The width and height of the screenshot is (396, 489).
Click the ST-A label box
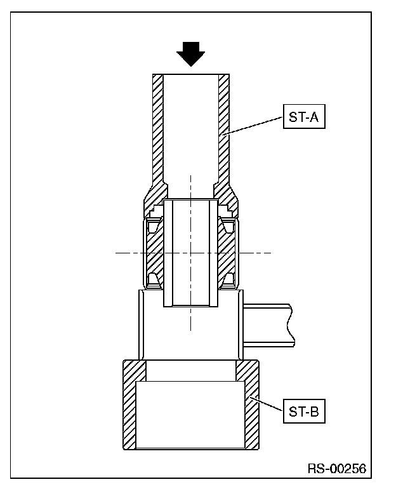(x=304, y=117)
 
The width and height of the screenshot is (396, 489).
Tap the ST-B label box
(x=304, y=411)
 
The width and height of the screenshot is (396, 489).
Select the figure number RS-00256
(x=337, y=469)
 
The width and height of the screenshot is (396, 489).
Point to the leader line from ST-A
(x=254, y=126)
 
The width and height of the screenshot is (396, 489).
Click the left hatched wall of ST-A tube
(x=157, y=131)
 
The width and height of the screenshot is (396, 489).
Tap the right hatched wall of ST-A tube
(x=224, y=131)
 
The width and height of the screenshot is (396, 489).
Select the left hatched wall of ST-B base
(x=129, y=405)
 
